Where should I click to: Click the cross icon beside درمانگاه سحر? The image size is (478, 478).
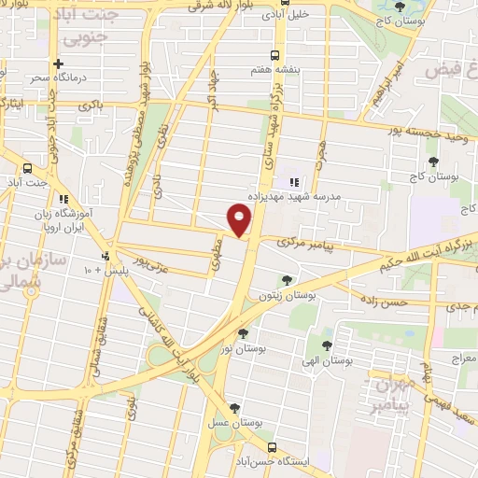59,64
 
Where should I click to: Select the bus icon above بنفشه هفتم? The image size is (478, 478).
274,54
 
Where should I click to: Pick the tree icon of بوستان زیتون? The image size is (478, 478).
287,279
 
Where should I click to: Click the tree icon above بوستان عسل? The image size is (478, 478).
234,407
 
